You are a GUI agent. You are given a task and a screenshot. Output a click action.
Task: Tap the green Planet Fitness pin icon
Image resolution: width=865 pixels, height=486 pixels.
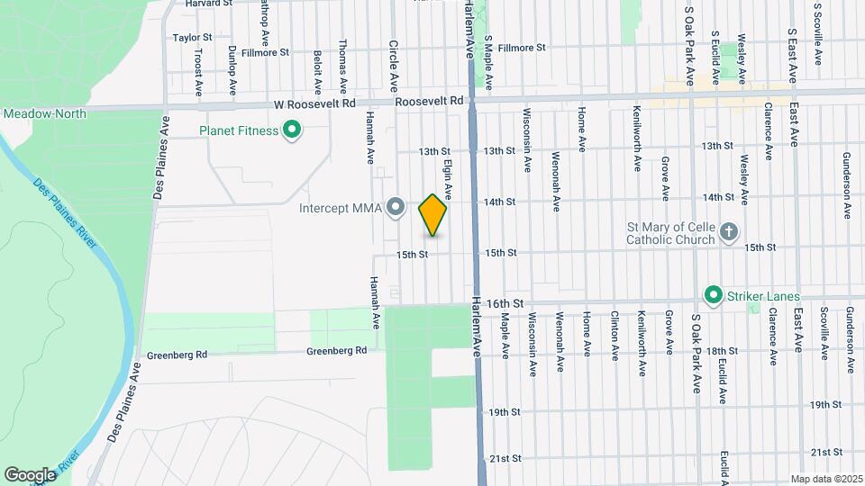coord(291,131)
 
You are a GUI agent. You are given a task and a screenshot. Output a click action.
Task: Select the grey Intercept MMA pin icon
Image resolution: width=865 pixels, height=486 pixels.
coord(395,209)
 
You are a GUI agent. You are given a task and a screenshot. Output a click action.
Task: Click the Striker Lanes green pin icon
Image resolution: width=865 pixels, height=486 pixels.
coord(713,295)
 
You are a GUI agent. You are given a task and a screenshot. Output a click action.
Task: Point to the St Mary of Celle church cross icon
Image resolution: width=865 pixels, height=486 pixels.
coord(729,232)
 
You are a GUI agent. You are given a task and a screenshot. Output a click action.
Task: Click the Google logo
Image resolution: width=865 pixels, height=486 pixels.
coord(31,474)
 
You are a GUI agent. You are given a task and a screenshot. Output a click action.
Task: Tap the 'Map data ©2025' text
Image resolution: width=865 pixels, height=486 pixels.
coord(826,479)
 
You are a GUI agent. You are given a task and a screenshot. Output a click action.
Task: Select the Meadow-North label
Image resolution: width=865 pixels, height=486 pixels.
coord(44,113)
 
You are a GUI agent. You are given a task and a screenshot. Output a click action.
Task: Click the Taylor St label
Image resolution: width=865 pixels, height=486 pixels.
coord(192,38)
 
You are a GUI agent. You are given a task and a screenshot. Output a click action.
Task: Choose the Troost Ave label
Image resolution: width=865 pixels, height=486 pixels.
coord(197,71)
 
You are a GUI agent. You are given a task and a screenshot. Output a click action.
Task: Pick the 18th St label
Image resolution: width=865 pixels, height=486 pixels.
coord(723,351)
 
